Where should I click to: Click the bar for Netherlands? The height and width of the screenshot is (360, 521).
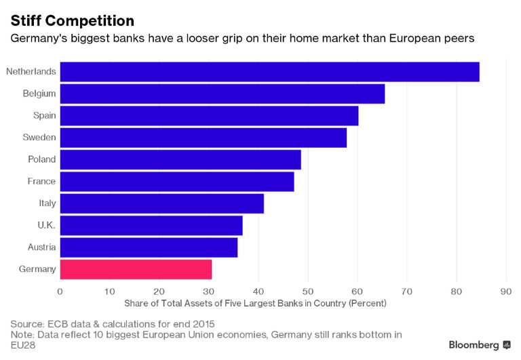pos(269,72)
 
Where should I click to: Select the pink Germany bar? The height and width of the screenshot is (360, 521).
pos(136,269)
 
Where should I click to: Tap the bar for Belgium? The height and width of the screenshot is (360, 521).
pos(222,94)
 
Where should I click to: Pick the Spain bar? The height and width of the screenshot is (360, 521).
pos(209,116)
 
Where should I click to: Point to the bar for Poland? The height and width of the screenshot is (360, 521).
pos(180,160)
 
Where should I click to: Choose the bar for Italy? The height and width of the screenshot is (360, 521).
pos(161,203)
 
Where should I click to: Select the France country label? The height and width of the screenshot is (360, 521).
pos(41,182)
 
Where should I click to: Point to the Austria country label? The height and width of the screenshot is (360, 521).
pos(41,247)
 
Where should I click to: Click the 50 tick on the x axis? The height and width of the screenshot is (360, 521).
pos(308,292)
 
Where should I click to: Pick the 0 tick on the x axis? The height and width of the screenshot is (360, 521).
pos(60,292)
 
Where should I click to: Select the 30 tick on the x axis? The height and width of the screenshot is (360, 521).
pos(209,292)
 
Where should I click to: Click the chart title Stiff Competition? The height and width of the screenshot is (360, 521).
pos(72,20)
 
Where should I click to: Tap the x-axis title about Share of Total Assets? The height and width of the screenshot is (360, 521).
pos(255,303)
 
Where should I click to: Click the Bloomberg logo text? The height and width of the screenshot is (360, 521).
pos(474,345)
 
